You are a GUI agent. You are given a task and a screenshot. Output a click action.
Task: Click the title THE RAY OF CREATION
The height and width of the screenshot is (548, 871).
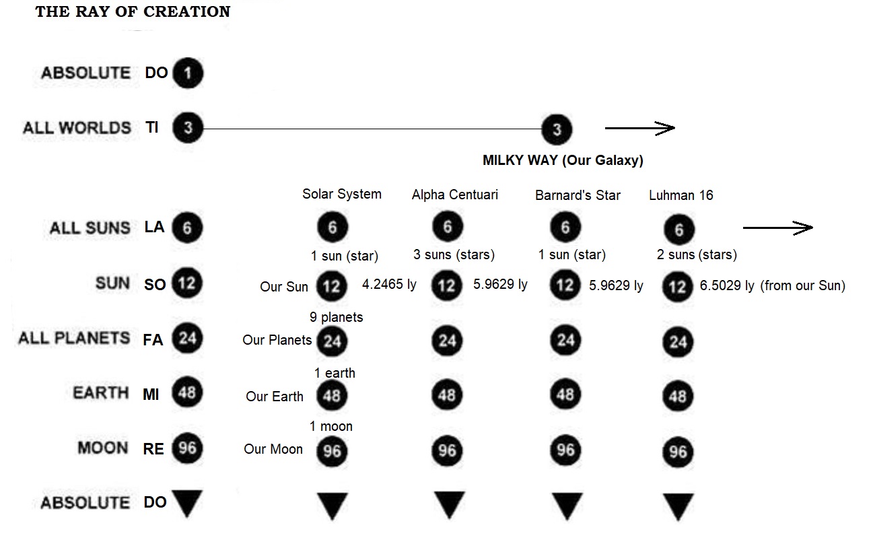click(133, 11)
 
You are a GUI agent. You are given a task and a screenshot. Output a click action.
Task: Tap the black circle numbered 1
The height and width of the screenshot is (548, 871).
click(188, 73)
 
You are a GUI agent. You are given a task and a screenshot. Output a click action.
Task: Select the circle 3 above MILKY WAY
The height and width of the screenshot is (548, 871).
click(557, 129)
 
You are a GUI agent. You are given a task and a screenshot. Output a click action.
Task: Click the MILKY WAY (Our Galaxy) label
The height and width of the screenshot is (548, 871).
click(563, 160)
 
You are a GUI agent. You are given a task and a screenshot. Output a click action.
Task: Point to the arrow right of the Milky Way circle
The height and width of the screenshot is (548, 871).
click(640, 129)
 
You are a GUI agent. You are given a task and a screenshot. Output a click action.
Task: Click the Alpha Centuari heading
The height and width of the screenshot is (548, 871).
click(455, 195)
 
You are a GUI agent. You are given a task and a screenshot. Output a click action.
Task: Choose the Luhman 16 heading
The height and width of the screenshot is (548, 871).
click(681, 195)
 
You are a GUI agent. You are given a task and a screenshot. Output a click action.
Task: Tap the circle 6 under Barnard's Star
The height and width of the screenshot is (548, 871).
click(565, 227)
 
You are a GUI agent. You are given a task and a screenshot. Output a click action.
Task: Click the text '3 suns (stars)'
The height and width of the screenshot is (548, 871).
click(454, 254)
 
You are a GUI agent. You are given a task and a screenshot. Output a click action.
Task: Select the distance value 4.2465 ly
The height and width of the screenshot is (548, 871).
click(389, 284)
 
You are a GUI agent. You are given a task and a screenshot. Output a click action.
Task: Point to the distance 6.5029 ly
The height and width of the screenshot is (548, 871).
click(727, 285)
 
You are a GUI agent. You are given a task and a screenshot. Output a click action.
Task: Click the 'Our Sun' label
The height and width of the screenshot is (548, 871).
click(284, 287)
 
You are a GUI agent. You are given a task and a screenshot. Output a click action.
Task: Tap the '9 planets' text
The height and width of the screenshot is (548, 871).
click(337, 317)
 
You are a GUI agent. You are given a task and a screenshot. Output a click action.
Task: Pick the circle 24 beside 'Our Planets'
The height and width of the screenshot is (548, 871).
click(332, 341)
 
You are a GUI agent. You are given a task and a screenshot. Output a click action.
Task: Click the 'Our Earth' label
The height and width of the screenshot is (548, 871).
click(275, 397)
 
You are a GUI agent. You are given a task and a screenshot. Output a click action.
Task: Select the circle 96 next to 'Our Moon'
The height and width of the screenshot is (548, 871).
click(332, 451)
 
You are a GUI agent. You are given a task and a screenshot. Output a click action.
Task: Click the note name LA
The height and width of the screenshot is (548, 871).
click(154, 227)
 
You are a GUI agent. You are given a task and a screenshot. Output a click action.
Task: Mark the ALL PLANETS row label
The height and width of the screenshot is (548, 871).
click(74, 338)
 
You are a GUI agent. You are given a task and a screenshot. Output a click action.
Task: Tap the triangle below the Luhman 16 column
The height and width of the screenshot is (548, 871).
click(678, 506)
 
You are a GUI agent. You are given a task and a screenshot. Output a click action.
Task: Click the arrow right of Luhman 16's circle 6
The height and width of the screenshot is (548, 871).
click(778, 228)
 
